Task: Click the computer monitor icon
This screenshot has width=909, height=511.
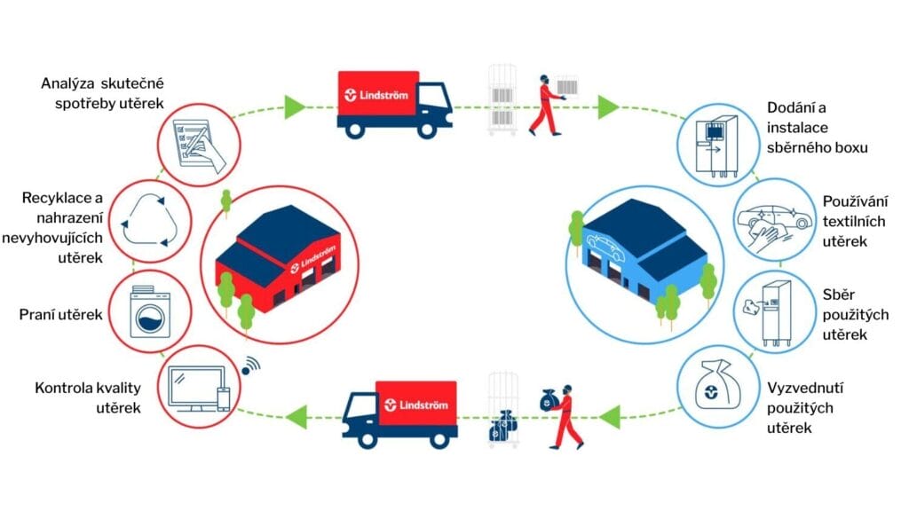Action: pos(197,389)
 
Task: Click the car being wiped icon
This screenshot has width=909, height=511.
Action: pos(771,221)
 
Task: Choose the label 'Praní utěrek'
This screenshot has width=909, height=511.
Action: pos(59,315)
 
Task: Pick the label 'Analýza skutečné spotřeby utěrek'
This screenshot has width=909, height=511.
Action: pos(104,93)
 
